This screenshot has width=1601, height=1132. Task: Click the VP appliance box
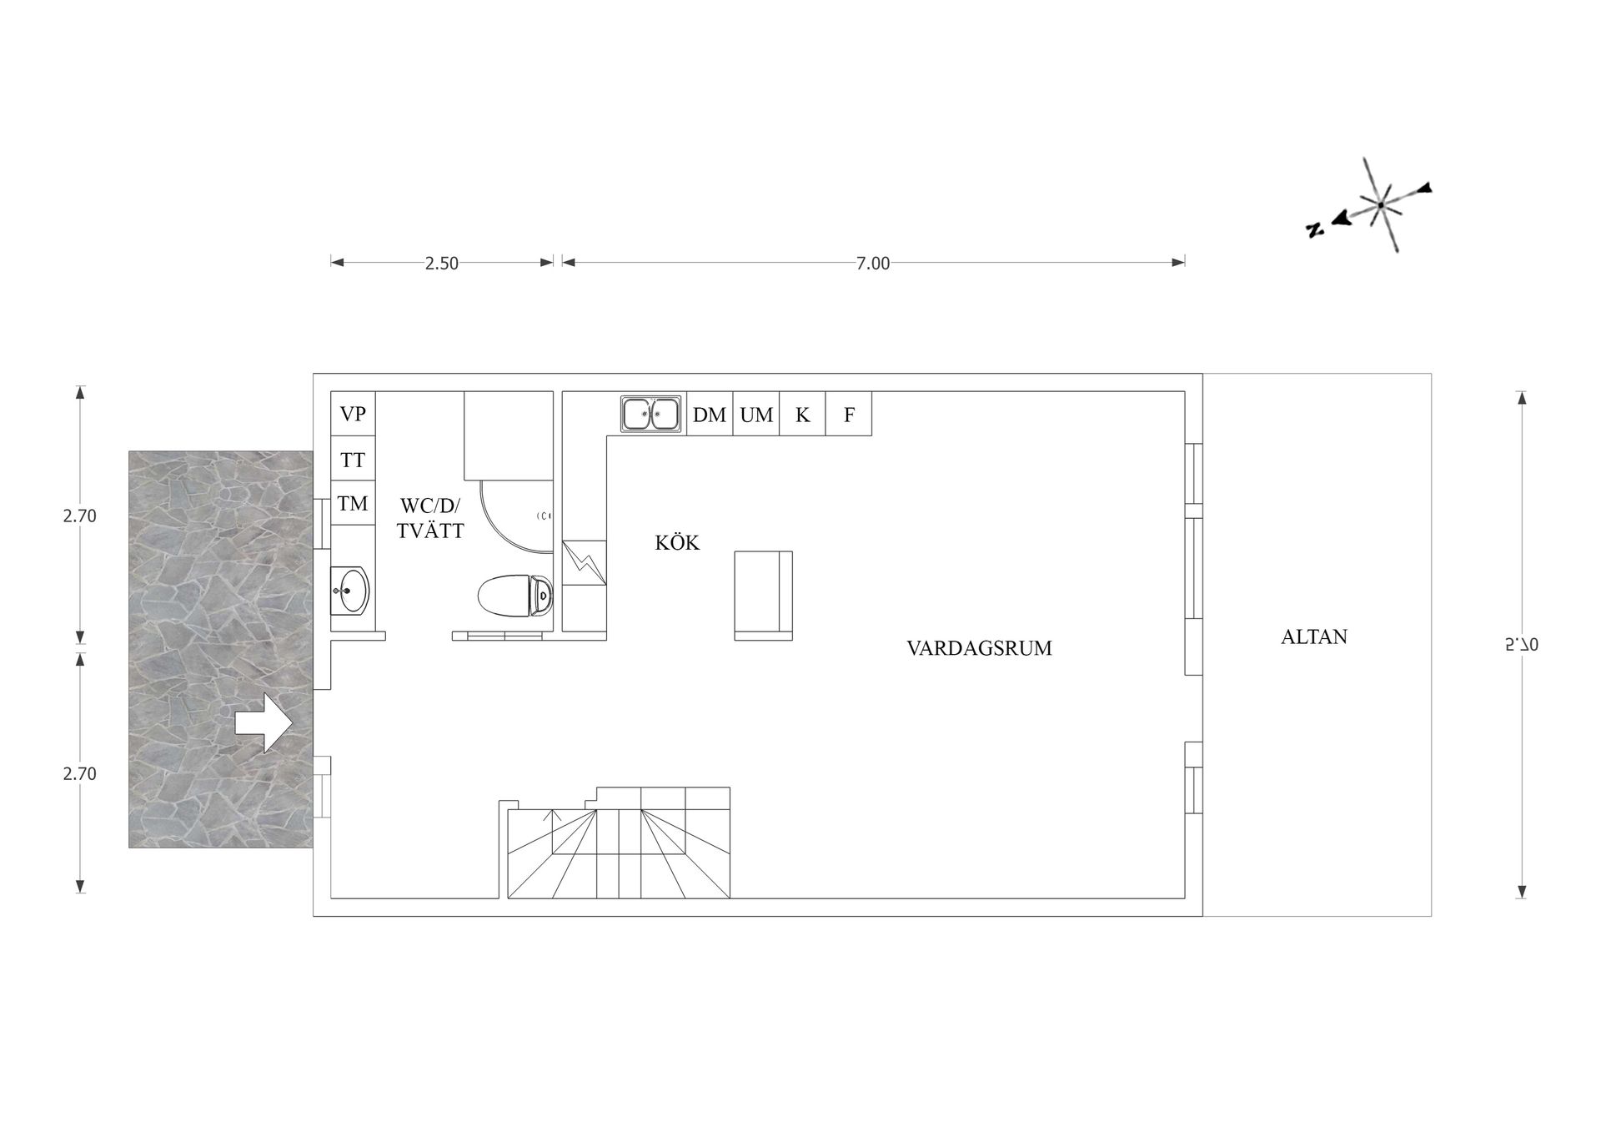353,413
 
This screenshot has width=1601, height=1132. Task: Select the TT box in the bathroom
353,458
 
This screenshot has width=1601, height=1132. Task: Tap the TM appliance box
353,503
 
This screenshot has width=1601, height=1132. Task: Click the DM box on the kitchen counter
710,414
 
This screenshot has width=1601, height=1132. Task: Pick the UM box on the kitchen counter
756,414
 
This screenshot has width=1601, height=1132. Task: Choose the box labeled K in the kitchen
802,414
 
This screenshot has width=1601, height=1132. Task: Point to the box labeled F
849,414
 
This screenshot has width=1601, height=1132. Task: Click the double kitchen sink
651,414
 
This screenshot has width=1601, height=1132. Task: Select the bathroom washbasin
350,591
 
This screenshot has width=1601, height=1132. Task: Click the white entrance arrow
263,723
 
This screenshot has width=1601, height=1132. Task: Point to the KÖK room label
677,543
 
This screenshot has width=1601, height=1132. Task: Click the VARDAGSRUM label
979,648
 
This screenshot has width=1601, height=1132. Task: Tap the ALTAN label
1314,636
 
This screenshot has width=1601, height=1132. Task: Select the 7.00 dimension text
873,264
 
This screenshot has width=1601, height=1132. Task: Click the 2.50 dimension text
442,264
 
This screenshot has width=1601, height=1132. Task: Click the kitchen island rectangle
763,596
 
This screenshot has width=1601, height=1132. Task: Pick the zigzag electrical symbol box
585,563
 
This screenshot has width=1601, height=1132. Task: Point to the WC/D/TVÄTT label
430,518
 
